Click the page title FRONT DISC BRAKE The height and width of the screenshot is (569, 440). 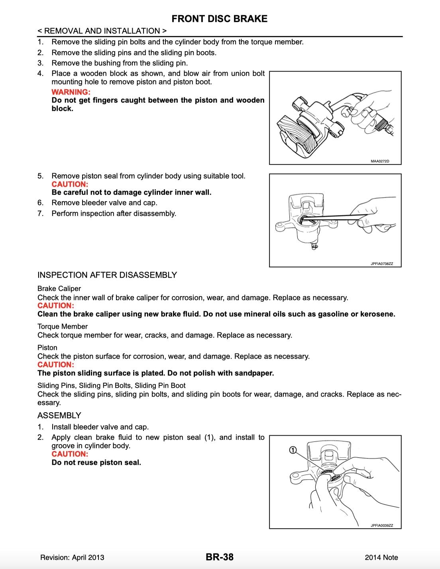[x=220, y=19]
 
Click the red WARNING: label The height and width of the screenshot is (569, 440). [x=71, y=92]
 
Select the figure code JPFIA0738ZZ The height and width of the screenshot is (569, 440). [x=381, y=264]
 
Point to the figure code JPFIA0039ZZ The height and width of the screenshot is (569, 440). [x=381, y=526]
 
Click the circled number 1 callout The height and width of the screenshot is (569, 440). [x=292, y=450]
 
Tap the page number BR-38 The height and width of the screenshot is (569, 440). [x=220, y=557]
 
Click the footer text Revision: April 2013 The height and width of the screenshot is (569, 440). [x=72, y=557]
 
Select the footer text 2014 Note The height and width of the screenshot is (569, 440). [x=381, y=557]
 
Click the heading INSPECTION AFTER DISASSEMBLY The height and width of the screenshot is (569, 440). [x=107, y=275]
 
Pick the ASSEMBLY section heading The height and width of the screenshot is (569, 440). [x=59, y=415]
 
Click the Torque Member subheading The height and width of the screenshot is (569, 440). [x=63, y=326]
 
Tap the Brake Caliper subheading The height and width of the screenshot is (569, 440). [x=59, y=288]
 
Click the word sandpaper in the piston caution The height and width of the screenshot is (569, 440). [x=254, y=373]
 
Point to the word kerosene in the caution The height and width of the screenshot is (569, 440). [x=377, y=314]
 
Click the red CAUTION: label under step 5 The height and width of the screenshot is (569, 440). [x=70, y=184]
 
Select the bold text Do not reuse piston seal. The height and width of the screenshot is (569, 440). [x=96, y=462]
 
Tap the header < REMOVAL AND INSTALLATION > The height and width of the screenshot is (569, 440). [x=102, y=31]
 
